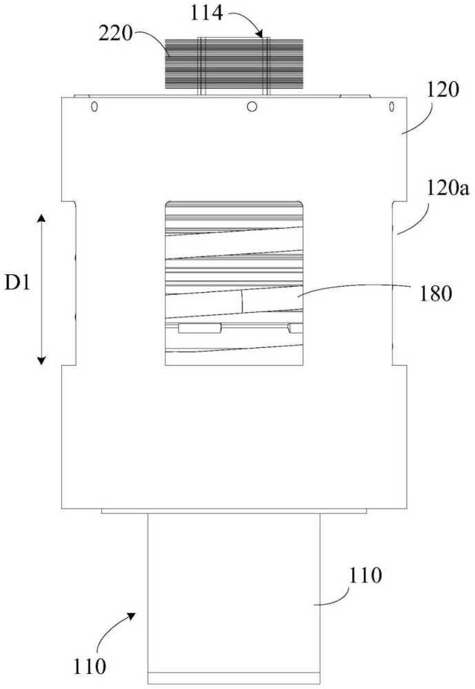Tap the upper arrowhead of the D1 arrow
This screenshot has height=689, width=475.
(x=41, y=218)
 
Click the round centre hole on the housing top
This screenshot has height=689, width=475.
(x=252, y=106)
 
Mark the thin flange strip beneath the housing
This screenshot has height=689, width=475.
(x=234, y=511)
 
